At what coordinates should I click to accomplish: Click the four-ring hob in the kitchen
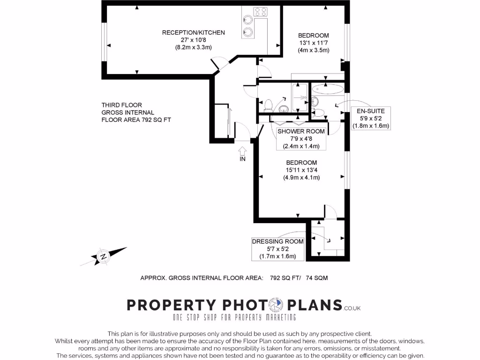click(261, 12)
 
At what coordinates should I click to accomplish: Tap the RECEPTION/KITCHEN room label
click(194, 32)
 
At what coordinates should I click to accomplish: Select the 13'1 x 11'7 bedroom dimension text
click(314, 43)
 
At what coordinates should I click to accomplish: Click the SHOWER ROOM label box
click(301, 138)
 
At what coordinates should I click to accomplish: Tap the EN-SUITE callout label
click(371, 118)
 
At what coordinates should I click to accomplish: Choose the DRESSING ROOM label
click(278, 249)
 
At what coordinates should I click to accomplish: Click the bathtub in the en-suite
click(328, 88)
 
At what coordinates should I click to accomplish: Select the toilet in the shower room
click(269, 105)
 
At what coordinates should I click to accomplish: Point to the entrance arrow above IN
click(243, 150)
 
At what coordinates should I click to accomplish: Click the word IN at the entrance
click(243, 159)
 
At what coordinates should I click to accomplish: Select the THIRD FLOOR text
click(121, 105)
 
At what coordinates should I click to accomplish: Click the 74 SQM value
click(317, 278)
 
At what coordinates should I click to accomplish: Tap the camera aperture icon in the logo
click(274, 306)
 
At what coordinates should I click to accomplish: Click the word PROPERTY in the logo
click(172, 306)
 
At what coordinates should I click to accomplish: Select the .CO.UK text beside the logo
click(352, 308)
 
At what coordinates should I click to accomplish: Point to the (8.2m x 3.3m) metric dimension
click(194, 47)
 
